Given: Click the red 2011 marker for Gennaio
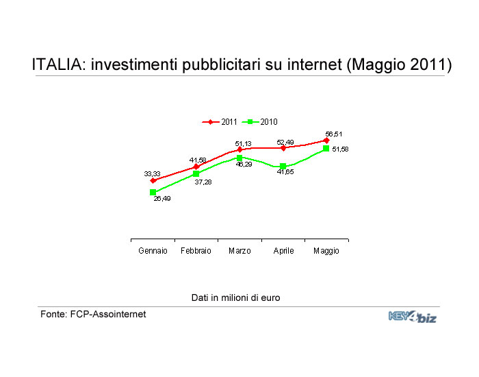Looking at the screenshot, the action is (153, 180).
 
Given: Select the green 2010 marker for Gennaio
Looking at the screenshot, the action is (153, 192).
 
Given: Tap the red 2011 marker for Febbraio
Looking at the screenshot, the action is (196, 167).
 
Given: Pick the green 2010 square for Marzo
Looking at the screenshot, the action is (239, 158).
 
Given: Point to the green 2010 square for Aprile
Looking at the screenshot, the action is (283, 166).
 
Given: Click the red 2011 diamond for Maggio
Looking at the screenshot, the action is (326, 141).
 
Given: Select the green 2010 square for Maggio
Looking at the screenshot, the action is (326, 149).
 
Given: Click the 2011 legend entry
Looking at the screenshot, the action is (220, 122).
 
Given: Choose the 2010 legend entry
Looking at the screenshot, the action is (259, 122).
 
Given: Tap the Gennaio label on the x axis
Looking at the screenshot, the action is (153, 251).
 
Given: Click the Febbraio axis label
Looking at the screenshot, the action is (196, 251).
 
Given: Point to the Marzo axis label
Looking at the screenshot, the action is (239, 251).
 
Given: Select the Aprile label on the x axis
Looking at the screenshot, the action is (283, 251).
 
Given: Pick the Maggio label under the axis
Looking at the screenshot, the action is (326, 251).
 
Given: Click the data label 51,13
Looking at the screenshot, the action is (243, 143).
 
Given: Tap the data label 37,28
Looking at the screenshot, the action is (203, 182).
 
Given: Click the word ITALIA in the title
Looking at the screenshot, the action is (57, 64).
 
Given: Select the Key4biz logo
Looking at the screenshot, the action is (413, 317).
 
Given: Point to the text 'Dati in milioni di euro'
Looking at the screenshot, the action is (235, 297).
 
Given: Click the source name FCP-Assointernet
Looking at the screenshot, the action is (108, 314).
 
